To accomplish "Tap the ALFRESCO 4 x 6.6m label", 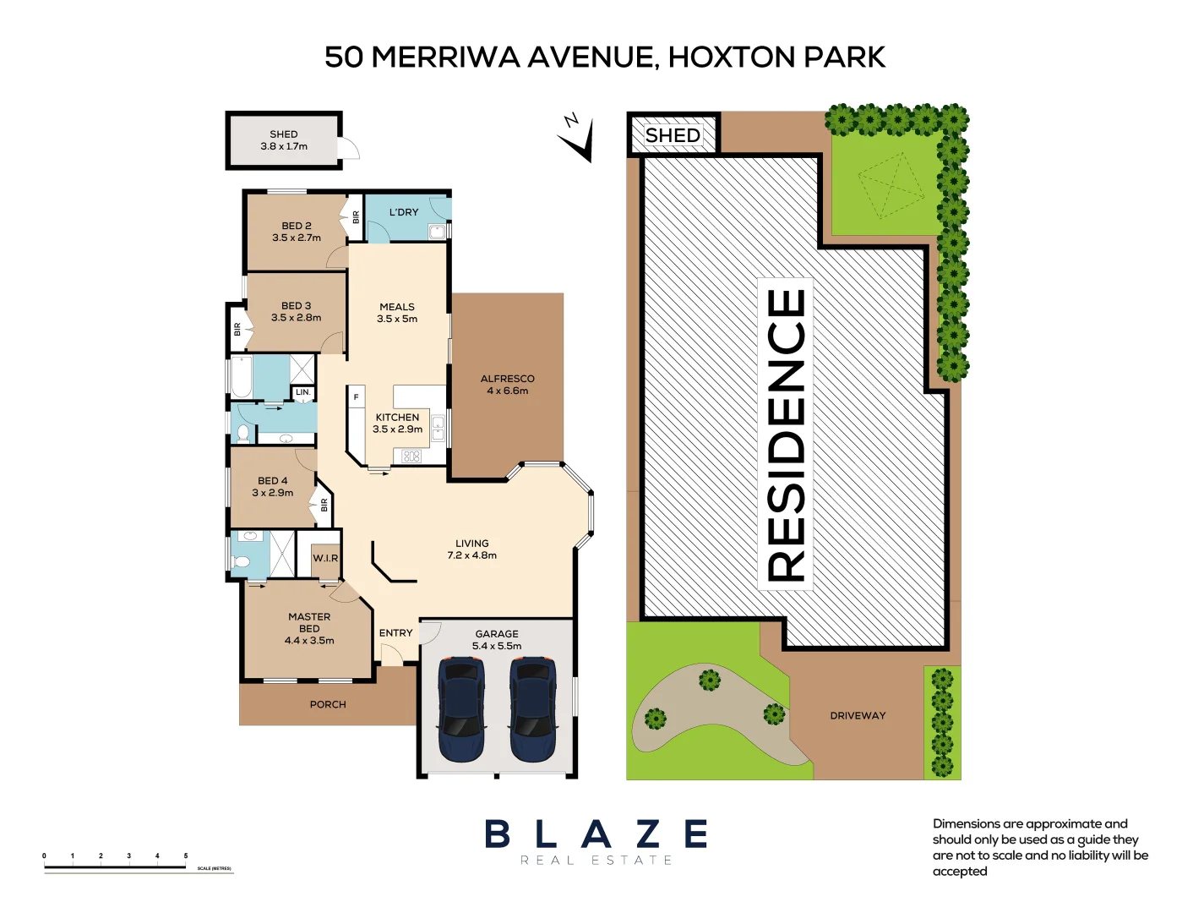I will click(x=507, y=385).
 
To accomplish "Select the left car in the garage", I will click(x=461, y=709).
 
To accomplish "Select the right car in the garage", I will click(x=533, y=709).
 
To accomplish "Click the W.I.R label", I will click(x=325, y=558).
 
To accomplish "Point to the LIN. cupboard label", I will click(x=303, y=392).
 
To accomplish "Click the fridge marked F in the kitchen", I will click(x=356, y=397).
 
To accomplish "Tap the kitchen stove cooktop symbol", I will click(x=411, y=456).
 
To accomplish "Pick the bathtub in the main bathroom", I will click(x=242, y=376).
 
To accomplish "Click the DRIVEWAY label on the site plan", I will click(x=858, y=715).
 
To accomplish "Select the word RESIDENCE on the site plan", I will click(x=786, y=435).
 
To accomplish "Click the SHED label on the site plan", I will click(x=673, y=135).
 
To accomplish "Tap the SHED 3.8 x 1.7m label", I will click(x=284, y=140).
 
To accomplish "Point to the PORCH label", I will click(x=328, y=704).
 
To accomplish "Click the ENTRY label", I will click(x=395, y=632).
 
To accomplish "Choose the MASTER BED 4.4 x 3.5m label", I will click(x=309, y=629).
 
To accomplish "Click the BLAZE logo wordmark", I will click(x=596, y=834).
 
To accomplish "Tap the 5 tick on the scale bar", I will click(x=186, y=856).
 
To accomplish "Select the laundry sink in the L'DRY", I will click(x=436, y=232).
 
